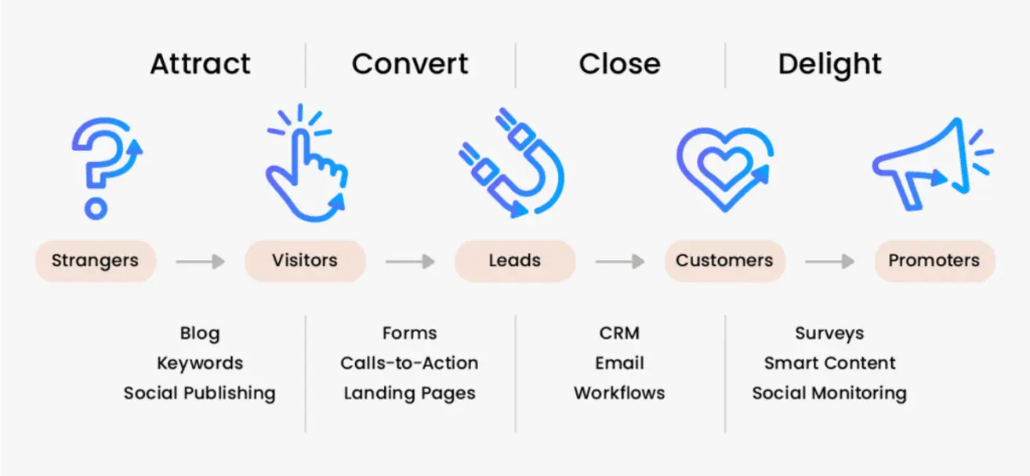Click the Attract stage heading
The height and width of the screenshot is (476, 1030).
click(201, 63)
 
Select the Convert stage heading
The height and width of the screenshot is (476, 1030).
click(410, 63)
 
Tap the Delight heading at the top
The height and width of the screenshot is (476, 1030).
click(829, 63)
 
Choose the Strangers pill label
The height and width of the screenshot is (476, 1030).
click(95, 261)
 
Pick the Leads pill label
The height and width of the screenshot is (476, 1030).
click(514, 261)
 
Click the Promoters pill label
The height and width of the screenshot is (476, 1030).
click(934, 261)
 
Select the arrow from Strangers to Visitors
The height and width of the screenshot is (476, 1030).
click(200, 261)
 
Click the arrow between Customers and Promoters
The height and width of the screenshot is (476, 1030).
click(829, 261)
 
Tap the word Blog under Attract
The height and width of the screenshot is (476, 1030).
click(200, 333)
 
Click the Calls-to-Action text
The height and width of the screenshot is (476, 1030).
click(409, 363)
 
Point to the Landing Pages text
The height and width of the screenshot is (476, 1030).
click(409, 393)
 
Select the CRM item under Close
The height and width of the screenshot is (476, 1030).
click(619, 333)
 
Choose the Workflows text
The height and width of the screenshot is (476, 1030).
click(619, 393)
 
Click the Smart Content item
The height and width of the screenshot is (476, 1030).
click(829, 363)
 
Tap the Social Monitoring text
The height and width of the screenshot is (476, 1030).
click(829, 393)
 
